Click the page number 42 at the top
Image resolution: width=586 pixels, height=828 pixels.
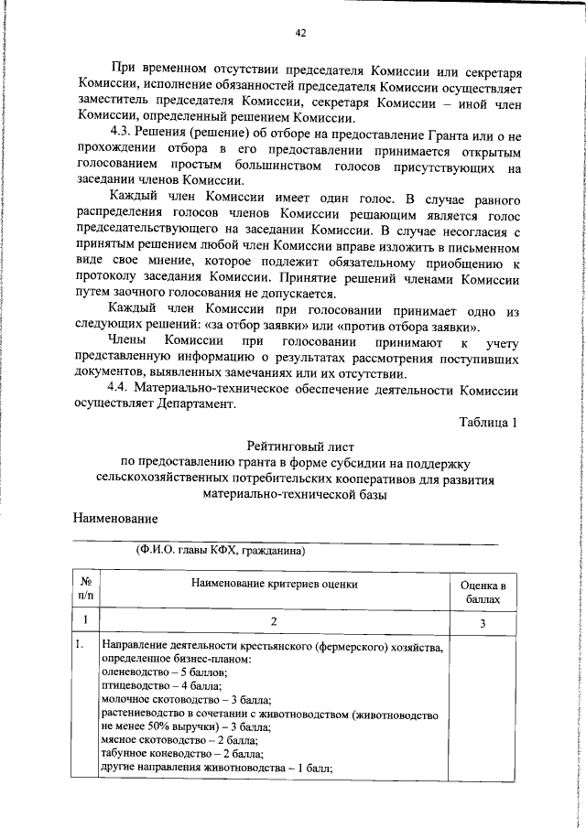299,33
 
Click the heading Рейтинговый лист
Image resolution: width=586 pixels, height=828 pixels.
299,446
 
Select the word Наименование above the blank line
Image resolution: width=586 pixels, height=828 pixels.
115,518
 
